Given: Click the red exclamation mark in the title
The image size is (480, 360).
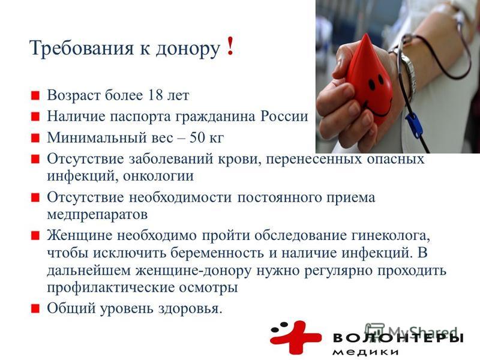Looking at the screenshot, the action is coord(230,46).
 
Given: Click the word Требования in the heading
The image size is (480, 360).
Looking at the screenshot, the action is coord(82,48).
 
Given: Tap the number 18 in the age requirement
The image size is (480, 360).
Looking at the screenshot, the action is coord(155,95).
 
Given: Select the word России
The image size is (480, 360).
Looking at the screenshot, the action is coord(284,116).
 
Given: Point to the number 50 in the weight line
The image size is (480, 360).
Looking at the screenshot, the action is coord(197,137).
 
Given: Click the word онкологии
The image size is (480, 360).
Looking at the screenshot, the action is coord(158,176).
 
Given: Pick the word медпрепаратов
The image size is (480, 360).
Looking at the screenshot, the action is coord(97,215).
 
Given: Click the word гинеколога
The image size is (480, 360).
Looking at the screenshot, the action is coord(391,236).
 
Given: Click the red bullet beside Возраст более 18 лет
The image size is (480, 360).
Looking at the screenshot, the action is coord(35,95).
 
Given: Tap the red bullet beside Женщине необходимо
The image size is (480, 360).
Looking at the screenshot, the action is coord(35,236).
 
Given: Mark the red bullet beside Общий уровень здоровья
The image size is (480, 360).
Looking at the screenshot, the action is coord(35,308).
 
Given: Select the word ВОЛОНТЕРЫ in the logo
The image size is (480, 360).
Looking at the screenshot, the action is coord(398,338).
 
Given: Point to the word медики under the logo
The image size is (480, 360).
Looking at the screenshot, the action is coord(365,352).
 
